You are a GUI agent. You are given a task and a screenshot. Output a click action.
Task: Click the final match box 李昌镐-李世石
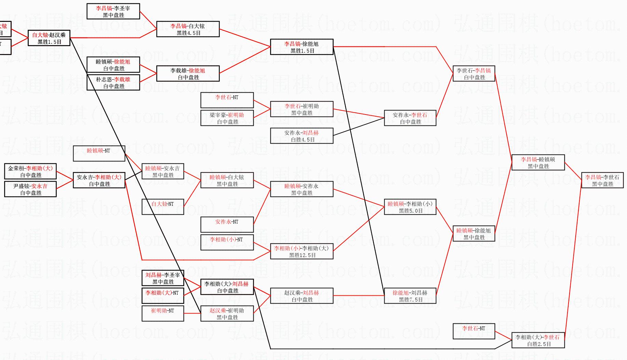tap(602, 180)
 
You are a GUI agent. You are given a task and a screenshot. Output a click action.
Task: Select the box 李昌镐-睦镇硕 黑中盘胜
tap(538, 162)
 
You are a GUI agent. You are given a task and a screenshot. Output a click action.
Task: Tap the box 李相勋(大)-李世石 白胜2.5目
tap(538, 340)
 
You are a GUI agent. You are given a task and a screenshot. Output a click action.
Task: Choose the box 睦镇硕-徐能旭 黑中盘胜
tap(473, 234)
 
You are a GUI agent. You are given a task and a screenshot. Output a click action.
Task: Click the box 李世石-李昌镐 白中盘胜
tap(473, 74)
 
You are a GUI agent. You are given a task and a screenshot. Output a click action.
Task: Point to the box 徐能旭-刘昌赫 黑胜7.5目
tap(410, 296)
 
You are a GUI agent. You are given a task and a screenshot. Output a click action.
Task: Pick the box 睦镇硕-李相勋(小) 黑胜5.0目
tap(410, 207)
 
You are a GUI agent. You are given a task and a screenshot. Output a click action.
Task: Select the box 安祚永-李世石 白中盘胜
tap(410, 118)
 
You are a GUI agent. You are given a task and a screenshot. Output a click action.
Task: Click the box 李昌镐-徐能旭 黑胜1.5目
tap(302, 47)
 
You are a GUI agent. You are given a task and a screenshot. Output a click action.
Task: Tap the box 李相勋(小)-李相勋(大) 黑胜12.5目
tap(302, 251)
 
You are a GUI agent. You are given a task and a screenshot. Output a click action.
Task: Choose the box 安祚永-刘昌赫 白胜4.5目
tap(302, 136)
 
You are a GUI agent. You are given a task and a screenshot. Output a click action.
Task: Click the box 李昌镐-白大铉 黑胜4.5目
tap(188, 29)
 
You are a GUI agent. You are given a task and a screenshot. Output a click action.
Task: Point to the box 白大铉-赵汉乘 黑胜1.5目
tap(49, 38)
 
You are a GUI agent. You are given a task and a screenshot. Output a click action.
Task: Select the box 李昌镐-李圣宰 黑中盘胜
tap(113, 11)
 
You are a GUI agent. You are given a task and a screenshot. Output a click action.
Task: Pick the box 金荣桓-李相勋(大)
tap(30, 171)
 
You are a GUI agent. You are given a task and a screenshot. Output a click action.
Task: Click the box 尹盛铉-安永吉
tap(30, 189)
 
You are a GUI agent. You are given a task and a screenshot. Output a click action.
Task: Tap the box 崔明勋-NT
tap(163, 314)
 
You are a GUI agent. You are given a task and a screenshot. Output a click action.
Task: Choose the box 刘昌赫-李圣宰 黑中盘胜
tap(163, 278)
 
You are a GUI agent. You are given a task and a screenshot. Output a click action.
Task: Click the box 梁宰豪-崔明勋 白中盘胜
tap(227, 118)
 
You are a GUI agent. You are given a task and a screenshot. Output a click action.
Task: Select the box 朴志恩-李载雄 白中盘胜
tap(113, 82)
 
